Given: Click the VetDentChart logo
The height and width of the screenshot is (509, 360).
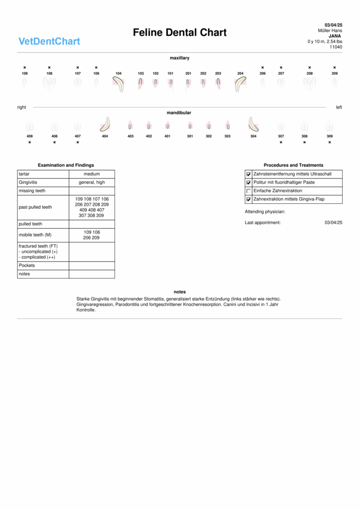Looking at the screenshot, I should click(x=49, y=41).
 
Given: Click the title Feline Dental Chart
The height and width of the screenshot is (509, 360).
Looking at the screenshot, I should click(x=180, y=33).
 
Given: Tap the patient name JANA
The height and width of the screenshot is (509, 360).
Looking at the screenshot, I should click(x=334, y=36).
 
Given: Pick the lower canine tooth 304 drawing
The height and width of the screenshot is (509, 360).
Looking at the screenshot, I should click(x=254, y=124).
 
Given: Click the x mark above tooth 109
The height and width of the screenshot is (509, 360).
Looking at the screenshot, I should click(x=25, y=68).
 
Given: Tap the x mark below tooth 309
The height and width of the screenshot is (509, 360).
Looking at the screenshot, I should click(x=330, y=142).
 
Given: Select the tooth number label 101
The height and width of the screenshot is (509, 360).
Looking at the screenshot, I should click(x=170, y=74).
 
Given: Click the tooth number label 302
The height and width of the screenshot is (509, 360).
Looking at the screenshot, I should click(x=209, y=136).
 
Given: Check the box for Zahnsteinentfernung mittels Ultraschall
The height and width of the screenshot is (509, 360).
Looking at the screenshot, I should click(x=249, y=174).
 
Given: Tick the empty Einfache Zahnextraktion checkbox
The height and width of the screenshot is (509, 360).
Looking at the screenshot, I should click(x=249, y=191).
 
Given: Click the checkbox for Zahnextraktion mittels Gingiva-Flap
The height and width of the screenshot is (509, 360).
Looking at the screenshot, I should click(x=249, y=199).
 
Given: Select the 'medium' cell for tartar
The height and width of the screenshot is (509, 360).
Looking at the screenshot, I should click(x=91, y=174).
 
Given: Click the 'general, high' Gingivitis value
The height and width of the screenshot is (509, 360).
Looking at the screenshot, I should click(x=91, y=182).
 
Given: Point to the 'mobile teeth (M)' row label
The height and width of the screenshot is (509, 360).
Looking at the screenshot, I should click(x=35, y=235).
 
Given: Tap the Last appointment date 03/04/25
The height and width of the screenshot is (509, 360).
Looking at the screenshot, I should click(x=333, y=223).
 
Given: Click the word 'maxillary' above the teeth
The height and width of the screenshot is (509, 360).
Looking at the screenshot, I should click(x=180, y=58).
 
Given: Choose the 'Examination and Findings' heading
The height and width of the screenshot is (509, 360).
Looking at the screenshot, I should click(x=66, y=165).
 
